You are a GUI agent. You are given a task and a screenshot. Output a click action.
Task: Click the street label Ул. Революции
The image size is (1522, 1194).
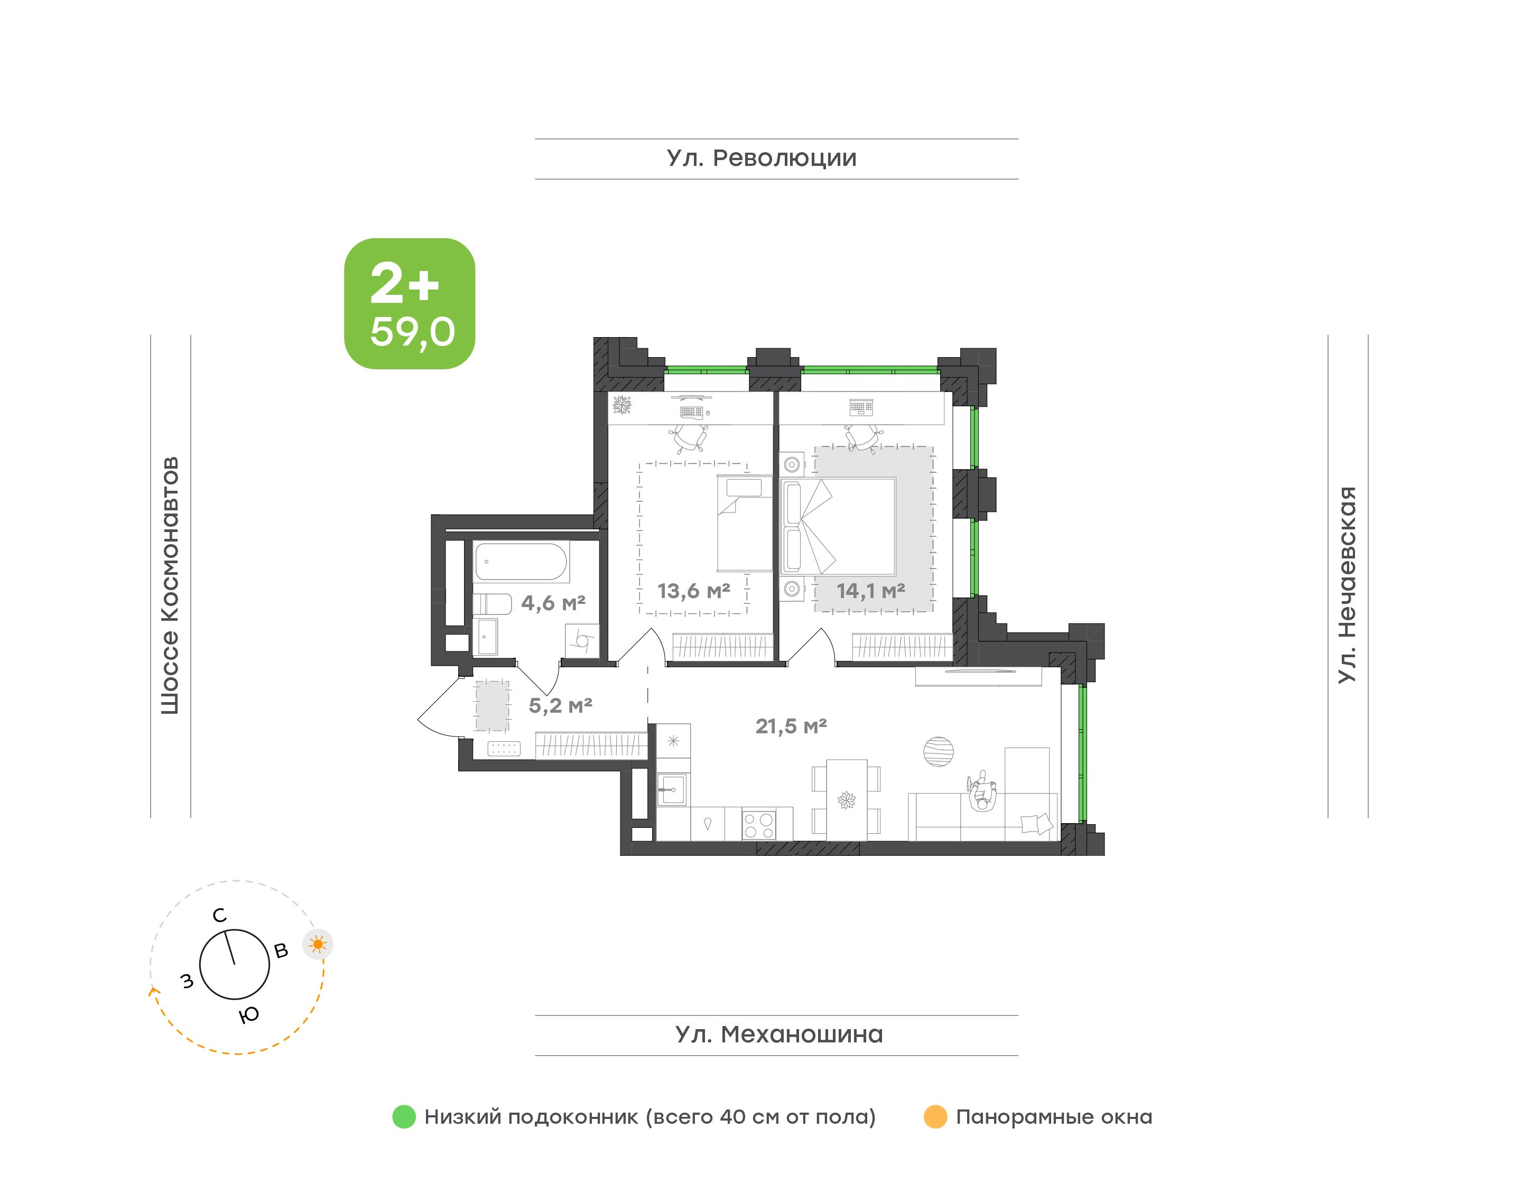[762, 158]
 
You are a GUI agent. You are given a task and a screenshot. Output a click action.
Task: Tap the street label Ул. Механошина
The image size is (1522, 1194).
[779, 1034]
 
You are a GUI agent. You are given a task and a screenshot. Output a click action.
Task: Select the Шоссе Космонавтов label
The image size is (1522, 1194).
[170, 586]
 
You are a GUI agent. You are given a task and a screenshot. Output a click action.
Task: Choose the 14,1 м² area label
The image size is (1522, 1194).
[871, 591]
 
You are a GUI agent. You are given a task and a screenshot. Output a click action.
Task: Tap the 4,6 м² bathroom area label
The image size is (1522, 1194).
[553, 603]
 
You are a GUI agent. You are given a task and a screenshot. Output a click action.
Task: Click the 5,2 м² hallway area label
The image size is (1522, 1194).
[560, 705]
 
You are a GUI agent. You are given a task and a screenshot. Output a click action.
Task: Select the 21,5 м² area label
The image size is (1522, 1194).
[791, 726]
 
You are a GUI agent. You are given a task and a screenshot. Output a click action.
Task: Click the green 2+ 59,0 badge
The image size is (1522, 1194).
[410, 303]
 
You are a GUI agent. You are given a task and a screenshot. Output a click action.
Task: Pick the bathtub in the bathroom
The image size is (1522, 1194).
[522, 562]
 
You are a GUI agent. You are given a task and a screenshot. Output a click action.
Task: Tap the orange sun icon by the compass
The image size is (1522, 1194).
[318, 945]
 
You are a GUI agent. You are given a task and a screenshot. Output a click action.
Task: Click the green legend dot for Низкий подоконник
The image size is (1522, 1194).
[404, 1116]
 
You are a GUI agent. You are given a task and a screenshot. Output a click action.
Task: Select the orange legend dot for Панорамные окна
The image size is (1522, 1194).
[935, 1116]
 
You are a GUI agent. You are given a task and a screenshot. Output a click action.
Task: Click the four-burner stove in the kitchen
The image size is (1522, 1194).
[758, 824]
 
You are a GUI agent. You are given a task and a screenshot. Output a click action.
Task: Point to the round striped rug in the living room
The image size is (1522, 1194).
[938, 752]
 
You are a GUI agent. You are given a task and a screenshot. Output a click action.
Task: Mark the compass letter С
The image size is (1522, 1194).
[219, 915]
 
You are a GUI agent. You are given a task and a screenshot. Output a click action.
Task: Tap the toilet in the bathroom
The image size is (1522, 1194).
[492, 603]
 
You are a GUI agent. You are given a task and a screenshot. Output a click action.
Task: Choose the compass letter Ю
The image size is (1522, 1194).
[249, 1015]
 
